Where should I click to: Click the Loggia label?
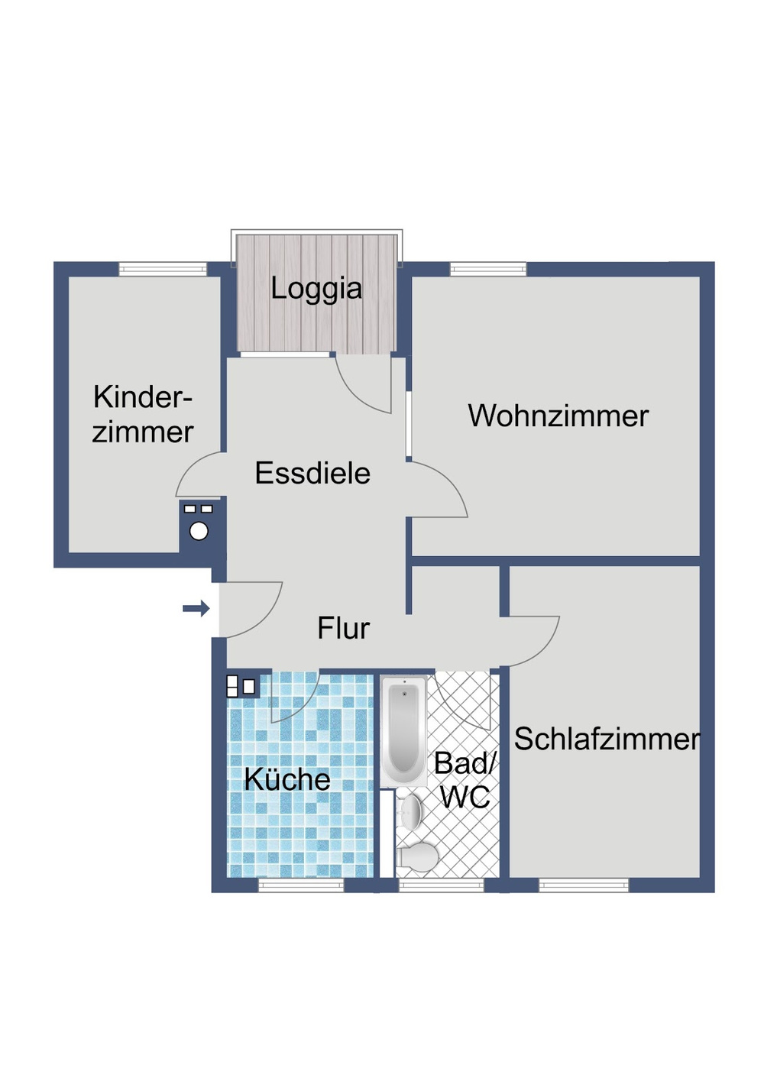pyautogui.click(x=316, y=289)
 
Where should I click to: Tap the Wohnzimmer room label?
pyautogui.click(x=558, y=416)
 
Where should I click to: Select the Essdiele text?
pyautogui.click(x=312, y=473)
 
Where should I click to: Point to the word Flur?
pyautogui.click(x=343, y=628)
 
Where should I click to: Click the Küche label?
pyautogui.click(x=287, y=779)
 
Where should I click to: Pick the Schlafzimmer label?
pyautogui.click(x=607, y=739)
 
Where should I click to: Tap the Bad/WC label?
pyautogui.click(x=465, y=780)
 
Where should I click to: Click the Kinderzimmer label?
pyautogui.click(x=143, y=414)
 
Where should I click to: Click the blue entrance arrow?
pyautogui.click(x=196, y=608)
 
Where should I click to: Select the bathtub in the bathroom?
pyautogui.click(x=403, y=730)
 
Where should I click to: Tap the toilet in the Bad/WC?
pyautogui.click(x=416, y=856)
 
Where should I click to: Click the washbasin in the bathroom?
pyautogui.click(x=410, y=811)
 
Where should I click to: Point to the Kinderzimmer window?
pyautogui.click(x=163, y=269)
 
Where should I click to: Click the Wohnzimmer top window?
pyautogui.click(x=488, y=269)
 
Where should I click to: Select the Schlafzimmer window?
pyautogui.click(x=584, y=885)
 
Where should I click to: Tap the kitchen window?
pyautogui.click(x=301, y=885)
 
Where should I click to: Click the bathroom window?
pyautogui.click(x=442, y=885)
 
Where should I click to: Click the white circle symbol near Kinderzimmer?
pyautogui.click(x=199, y=531)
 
